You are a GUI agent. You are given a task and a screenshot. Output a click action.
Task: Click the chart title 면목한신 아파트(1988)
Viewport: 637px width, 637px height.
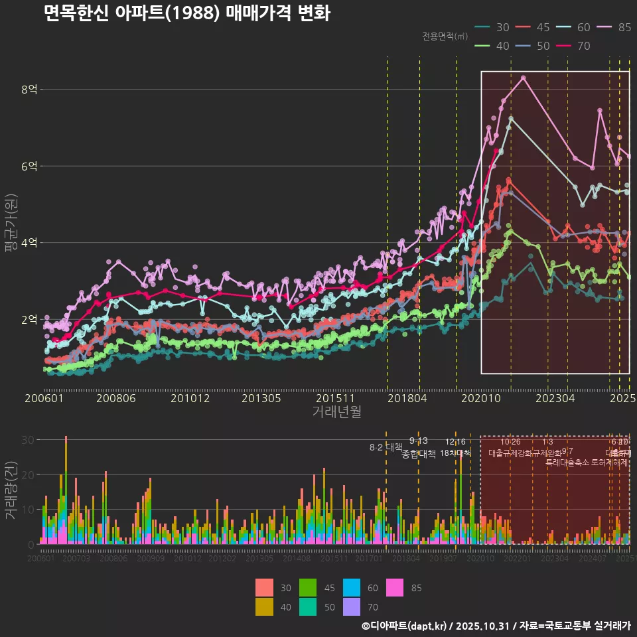point(186,14)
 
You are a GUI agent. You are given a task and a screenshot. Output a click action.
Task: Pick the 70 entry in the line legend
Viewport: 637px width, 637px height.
point(575,46)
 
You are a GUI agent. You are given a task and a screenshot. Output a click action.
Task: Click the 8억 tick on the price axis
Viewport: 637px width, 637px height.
point(30,89)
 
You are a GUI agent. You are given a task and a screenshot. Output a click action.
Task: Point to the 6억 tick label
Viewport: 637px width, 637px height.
point(30,166)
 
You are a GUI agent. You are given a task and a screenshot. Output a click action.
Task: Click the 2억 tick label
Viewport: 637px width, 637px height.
point(30,319)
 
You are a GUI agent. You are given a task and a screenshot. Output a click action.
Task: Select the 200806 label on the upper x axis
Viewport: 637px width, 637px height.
point(116,399)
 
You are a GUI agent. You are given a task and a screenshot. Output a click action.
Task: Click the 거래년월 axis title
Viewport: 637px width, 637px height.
point(336,411)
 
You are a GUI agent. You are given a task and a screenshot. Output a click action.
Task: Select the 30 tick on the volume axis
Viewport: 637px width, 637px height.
point(29,439)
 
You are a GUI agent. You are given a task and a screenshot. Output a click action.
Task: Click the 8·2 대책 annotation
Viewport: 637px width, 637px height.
point(386,447)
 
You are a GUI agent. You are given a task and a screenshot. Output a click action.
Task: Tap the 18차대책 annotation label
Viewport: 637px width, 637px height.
point(455,453)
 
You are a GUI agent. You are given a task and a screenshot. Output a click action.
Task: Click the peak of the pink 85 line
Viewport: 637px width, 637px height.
point(524,78)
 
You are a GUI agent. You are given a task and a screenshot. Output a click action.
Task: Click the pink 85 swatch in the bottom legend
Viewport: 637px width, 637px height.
point(397,588)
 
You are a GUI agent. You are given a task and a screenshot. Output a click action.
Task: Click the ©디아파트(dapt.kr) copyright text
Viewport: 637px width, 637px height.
point(404,626)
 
